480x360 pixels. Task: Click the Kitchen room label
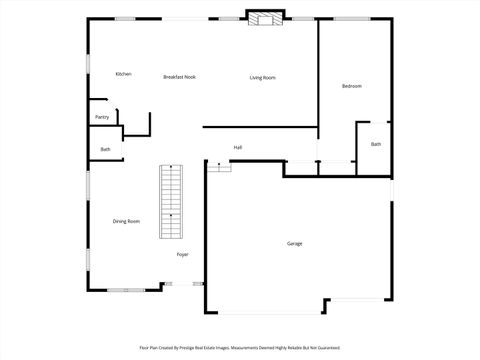[x=123, y=74]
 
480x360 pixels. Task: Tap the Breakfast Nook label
[x=179, y=77]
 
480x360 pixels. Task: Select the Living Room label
[x=262, y=77]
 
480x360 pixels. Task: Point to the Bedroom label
[x=351, y=86]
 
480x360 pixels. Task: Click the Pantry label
[x=102, y=117]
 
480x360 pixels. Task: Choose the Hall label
[x=238, y=147]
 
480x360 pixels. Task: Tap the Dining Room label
[x=126, y=221]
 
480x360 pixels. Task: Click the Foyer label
[x=183, y=255]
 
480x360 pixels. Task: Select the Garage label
[x=294, y=243]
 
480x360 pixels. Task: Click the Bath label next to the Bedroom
[x=376, y=144]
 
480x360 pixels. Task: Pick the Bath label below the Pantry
[x=105, y=150]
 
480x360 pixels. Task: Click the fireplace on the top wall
[x=265, y=19]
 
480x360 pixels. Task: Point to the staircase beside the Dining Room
[x=172, y=202]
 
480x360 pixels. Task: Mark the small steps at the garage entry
[x=219, y=166]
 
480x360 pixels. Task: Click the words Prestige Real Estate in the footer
[x=221, y=348]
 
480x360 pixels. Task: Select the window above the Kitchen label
[x=125, y=18]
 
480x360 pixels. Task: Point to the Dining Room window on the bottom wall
[x=126, y=290]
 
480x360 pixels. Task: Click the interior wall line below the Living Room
[x=260, y=127]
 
